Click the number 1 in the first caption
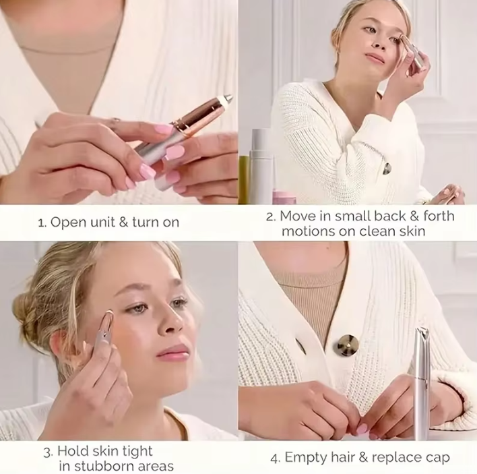[40, 222]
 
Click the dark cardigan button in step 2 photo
[387, 169]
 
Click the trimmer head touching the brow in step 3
[108, 319]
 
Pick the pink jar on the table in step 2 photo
[283, 197]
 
